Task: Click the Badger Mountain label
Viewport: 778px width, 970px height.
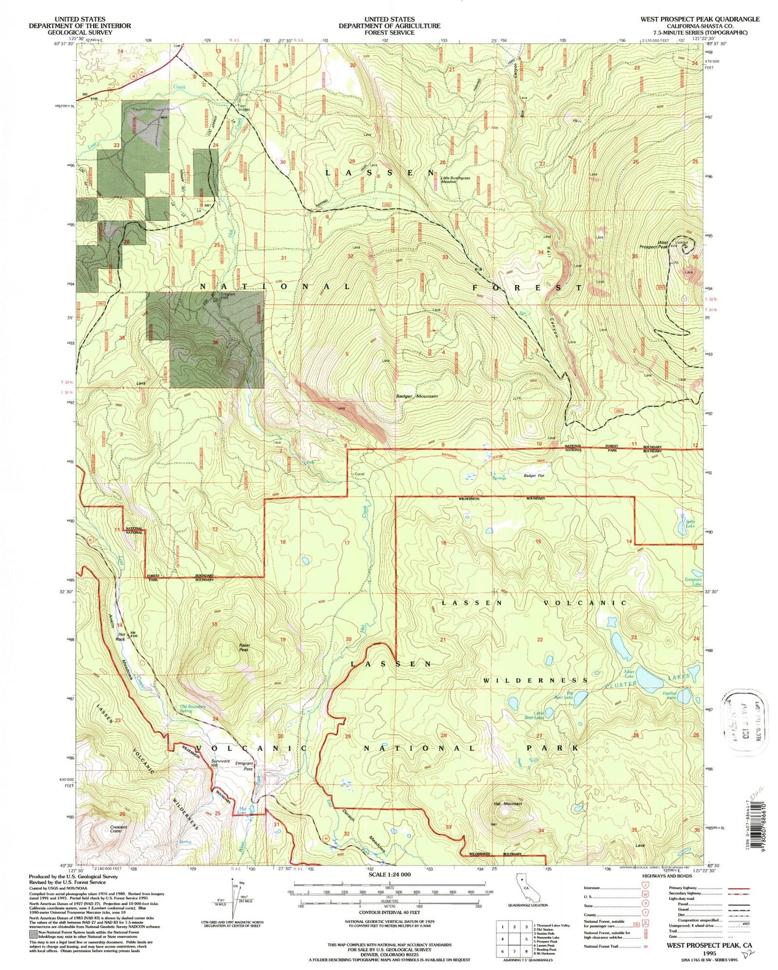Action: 421,396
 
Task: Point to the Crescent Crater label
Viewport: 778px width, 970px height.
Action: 119,829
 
